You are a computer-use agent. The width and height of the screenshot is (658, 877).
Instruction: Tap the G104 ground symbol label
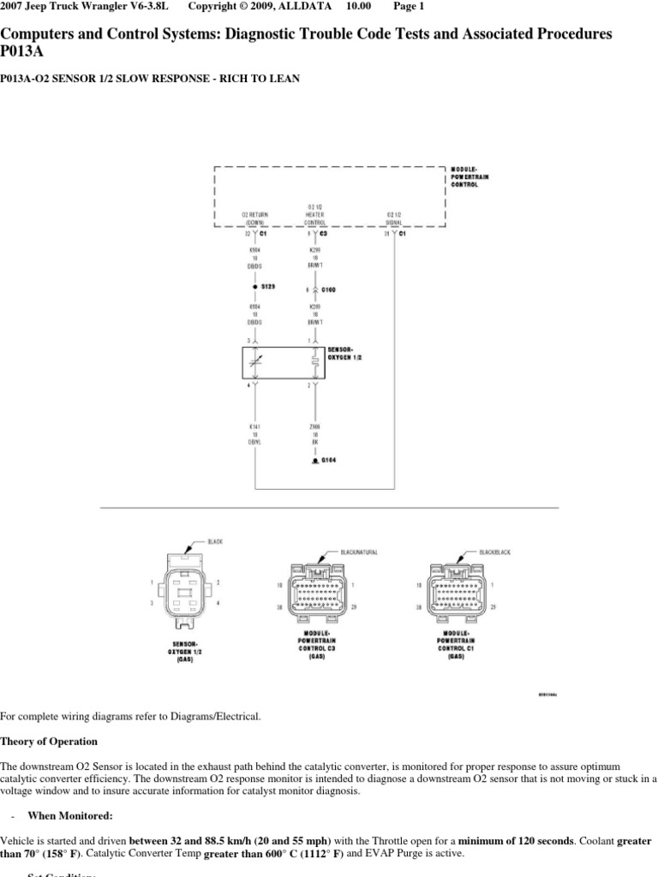328,461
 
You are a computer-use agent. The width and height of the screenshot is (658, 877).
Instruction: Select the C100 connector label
328,290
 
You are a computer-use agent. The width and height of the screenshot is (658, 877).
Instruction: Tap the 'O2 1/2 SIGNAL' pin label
394,218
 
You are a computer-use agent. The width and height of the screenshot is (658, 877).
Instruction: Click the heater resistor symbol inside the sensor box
315,362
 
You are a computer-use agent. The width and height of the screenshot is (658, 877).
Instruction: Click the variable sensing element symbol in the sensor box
254,362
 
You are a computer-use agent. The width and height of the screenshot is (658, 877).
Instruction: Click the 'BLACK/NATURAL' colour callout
358,553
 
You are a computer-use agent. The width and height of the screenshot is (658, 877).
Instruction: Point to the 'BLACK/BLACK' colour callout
494,553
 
